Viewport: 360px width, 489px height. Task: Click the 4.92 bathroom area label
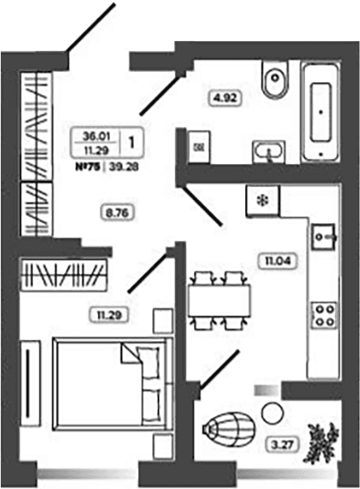[225, 99]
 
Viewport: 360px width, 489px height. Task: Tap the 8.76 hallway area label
[117, 213]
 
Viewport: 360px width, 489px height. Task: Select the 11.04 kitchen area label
[277, 260]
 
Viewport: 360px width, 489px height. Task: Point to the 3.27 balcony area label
[283, 445]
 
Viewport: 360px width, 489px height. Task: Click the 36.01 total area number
[96, 136]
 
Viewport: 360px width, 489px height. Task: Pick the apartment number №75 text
[87, 167]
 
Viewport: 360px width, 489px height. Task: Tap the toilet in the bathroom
[275, 78]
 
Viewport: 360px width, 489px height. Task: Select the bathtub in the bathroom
[321, 112]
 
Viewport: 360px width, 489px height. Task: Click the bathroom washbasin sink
[269, 152]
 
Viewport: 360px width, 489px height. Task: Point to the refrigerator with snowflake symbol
[263, 200]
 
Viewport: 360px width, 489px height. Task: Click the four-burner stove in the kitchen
[324, 315]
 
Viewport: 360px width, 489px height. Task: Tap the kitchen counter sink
[324, 237]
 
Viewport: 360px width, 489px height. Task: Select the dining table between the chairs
[219, 301]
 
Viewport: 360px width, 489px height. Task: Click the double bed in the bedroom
[113, 384]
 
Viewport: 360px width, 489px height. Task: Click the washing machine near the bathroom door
[199, 147]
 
